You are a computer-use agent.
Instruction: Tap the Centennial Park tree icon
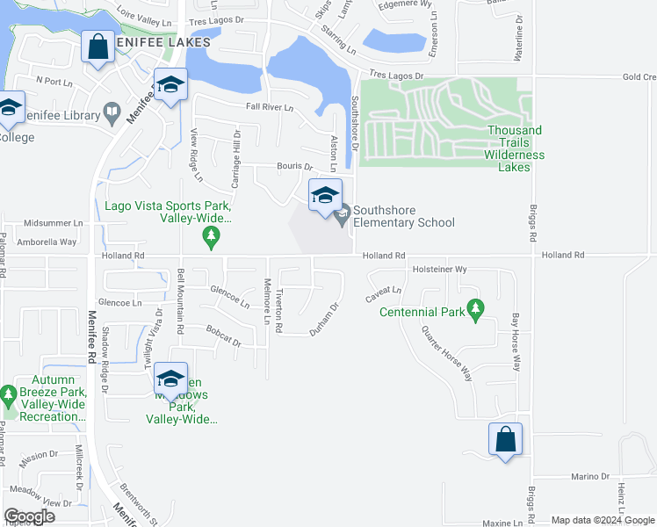coord(476,308)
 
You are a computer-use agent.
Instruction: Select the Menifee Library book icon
coord(112,112)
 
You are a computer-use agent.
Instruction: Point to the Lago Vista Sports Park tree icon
coord(210,235)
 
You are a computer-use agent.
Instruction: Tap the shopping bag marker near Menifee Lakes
coord(97,47)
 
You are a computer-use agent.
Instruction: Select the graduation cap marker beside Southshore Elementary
coord(324,196)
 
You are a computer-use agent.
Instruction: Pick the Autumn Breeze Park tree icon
coord(9,396)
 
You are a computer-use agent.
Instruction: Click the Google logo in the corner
coord(30,516)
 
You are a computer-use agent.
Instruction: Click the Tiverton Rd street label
coord(279,311)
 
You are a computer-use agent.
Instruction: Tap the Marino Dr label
coord(590,476)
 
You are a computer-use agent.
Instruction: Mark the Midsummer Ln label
coord(53,223)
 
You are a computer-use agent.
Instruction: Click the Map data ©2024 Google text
coord(603,520)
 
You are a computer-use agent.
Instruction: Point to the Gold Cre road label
coord(639,76)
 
